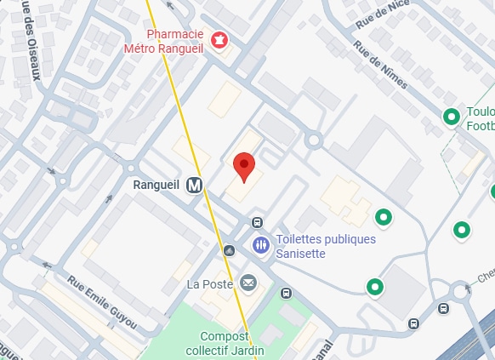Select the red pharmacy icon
[219, 39]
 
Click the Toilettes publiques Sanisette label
[326, 245]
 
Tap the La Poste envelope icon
[247, 283]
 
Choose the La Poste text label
[210, 283]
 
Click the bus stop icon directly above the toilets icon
[257, 223]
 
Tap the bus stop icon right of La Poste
[286, 294]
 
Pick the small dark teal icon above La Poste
[229, 250]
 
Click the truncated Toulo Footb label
[480, 118]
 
